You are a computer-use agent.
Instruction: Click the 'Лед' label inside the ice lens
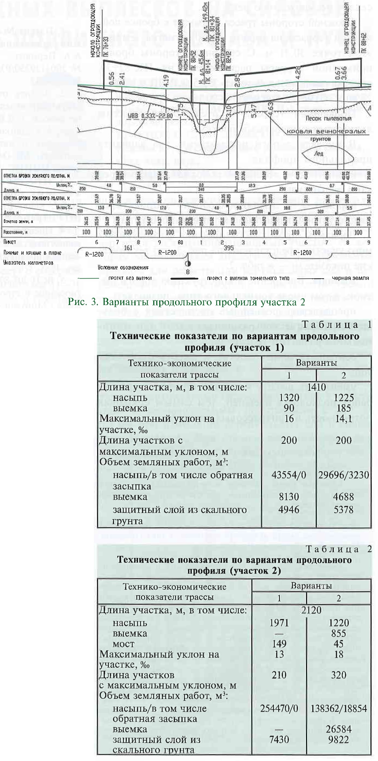pyautogui.click(x=319, y=153)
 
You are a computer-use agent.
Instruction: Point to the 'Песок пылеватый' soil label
pyautogui.click(x=328, y=119)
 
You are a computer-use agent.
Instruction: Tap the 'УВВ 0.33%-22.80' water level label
pyautogui.click(x=150, y=116)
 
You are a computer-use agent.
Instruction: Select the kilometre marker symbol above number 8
pyautogui.click(x=188, y=264)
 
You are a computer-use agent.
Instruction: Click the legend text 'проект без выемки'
pyautogui.click(x=130, y=278)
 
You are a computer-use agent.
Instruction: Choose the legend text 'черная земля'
pyautogui.click(x=350, y=278)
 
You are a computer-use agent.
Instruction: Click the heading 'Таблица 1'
pyautogui.click(x=336, y=325)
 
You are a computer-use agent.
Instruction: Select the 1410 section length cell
pyautogui.click(x=316, y=387)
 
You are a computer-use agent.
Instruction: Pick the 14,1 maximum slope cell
pyautogui.click(x=344, y=419)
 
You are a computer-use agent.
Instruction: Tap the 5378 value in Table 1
pyautogui.click(x=344, y=510)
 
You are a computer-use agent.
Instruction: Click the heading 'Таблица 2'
pyautogui.click(x=339, y=549)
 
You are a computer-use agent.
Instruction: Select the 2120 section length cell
pyautogui.click(x=311, y=610)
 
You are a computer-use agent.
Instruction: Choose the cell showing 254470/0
pyautogui.click(x=279, y=708)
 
